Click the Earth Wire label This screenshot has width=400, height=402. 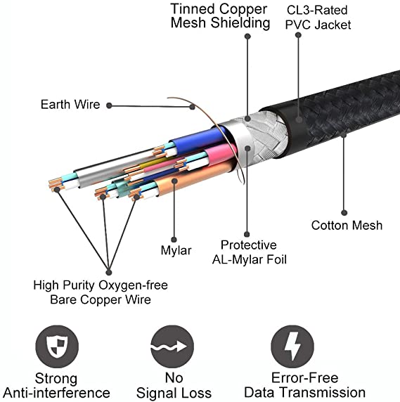pyautogui.click(x=70, y=104)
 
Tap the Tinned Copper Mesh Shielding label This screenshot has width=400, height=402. pyautogui.click(x=220, y=16)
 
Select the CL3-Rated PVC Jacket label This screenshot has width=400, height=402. pyautogui.click(x=318, y=18)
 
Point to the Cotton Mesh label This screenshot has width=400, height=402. pyautogui.click(x=347, y=226)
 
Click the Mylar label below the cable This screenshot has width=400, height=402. pyautogui.click(x=176, y=250)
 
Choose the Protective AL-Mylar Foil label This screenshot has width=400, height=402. pyautogui.click(x=249, y=252)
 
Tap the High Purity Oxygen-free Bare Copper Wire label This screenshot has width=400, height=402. pyautogui.click(x=101, y=292)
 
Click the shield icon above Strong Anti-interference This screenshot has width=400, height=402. pyautogui.click(x=57, y=346)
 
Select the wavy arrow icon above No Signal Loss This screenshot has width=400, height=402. pyautogui.click(x=172, y=346)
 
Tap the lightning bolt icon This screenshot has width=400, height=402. pyautogui.click(x=292, y=346)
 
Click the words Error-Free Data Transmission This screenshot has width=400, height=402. pyautogui.click(x=305, y=385)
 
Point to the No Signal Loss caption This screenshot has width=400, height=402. pyautogui.click(x=174, y=385)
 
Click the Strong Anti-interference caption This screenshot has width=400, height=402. pyautogui.click(x=56, y=386)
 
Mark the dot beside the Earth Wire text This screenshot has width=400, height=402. pyautogui.click(x=109, y=105)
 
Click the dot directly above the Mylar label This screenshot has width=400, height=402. pyautogui.click(x=174, y=240)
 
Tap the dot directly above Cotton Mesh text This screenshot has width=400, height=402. pyautogui.click(x=344, y=212)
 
